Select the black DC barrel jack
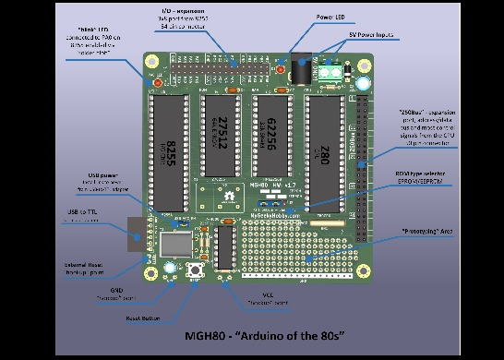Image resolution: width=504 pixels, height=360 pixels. tap(300, 68)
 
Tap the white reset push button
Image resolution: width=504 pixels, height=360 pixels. tap(196, 270)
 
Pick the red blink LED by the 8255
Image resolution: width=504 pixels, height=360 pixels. tap(156, 84)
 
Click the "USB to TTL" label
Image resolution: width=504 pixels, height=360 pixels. tap(83, 212)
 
